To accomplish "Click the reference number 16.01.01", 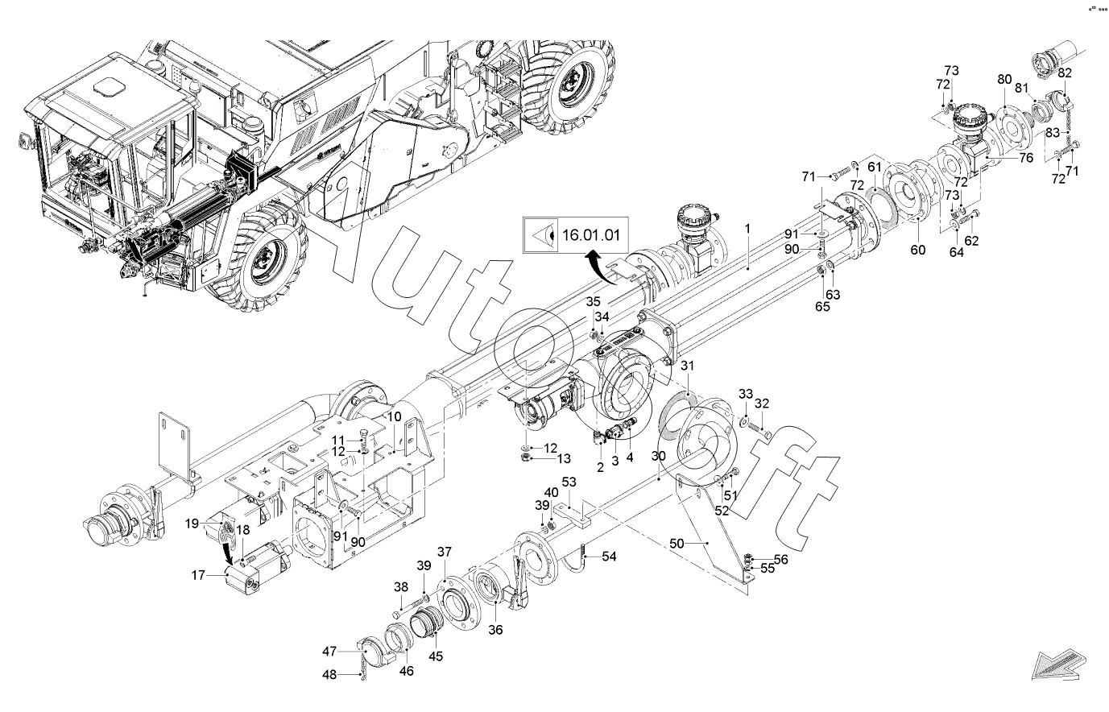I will coord(590,235).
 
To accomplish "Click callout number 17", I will coord(198,574).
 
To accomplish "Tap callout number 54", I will coord(610,557).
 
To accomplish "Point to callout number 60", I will coord(918,249).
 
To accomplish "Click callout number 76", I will coord(1025,158).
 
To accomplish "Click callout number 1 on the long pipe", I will coord(747,229).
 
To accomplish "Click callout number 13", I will coord(563,458).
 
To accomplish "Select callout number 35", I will coord(593,301).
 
